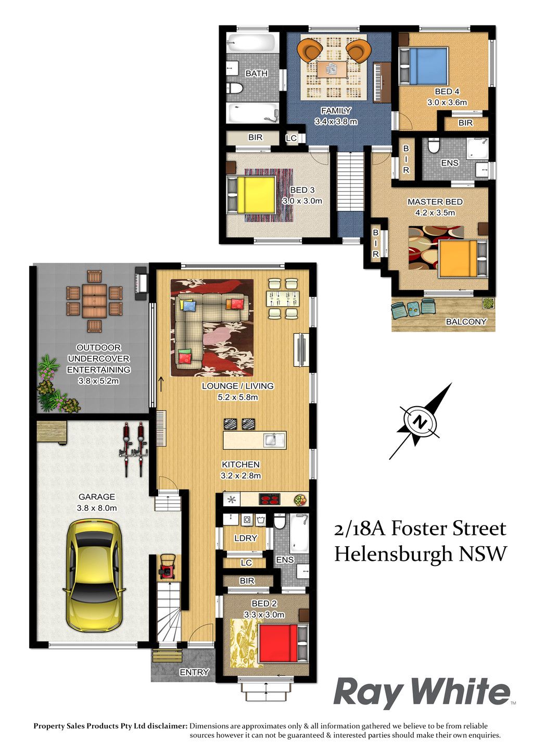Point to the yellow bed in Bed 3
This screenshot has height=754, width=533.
(252, 195)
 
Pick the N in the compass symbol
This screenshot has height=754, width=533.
(419, 421)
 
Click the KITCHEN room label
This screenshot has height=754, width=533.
(240, 464)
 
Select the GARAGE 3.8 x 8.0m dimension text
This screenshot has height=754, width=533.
(97, 508)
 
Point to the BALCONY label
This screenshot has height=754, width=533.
(466, 321)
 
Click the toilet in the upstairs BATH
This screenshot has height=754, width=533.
(235, 88)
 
